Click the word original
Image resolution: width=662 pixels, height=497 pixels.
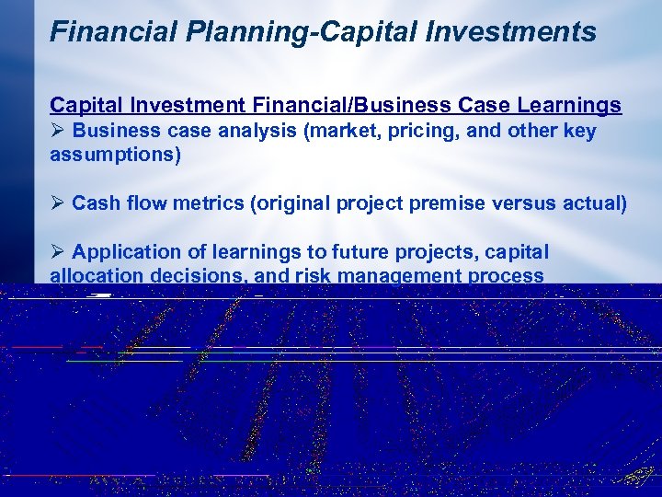click(292, 202)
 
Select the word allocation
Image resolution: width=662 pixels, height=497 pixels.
click(93, 275)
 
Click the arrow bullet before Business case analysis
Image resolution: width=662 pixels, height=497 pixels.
click(57, 132)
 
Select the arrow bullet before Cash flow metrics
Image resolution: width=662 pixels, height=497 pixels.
click(57, 202)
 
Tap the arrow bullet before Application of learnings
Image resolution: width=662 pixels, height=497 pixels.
click(57, 252)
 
